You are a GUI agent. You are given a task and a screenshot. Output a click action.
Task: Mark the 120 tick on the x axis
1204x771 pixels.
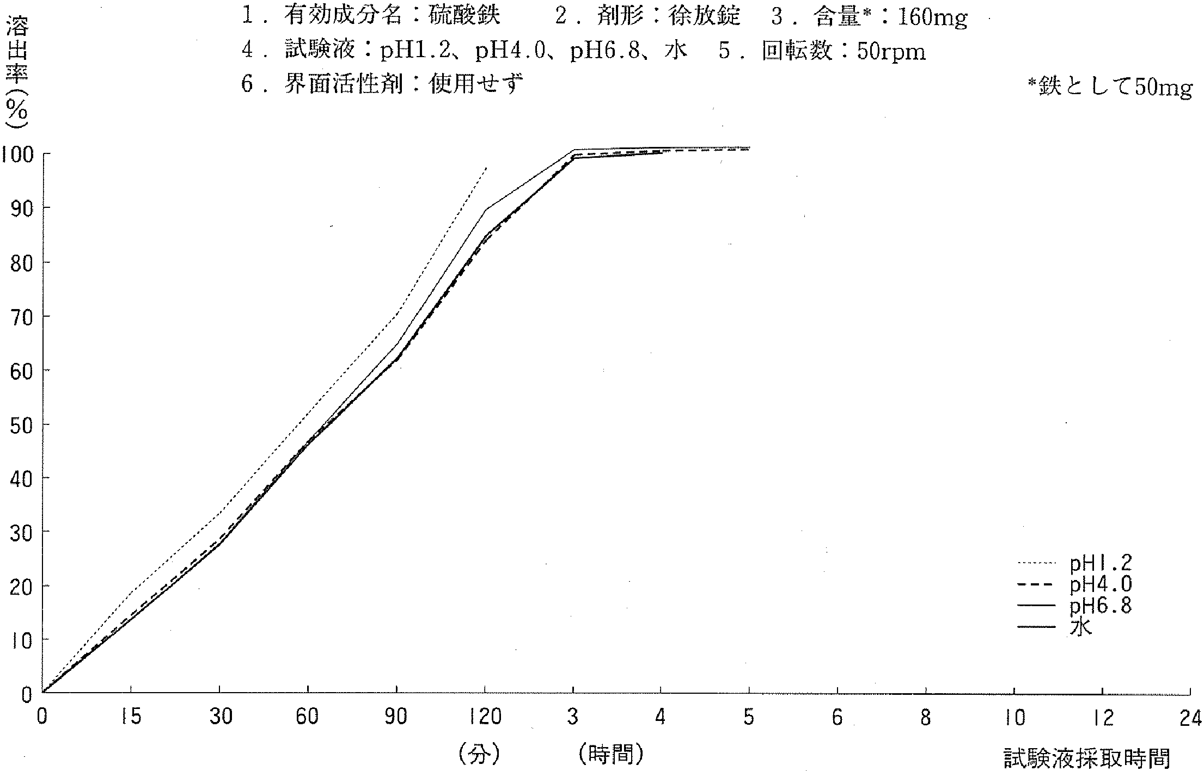pos(484,717)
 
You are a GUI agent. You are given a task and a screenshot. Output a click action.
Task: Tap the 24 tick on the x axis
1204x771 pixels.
pos(1190,717)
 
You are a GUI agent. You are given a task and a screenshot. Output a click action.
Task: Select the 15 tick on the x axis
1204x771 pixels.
pos(131,717)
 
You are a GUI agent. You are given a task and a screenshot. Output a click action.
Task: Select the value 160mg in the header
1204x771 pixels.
pos(932,18)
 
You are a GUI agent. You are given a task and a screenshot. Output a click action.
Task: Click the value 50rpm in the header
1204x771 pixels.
pos(891,51)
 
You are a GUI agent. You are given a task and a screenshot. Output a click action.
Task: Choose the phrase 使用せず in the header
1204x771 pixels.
pos(475,84)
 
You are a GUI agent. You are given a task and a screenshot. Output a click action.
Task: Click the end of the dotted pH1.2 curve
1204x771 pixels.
pos(486,168)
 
